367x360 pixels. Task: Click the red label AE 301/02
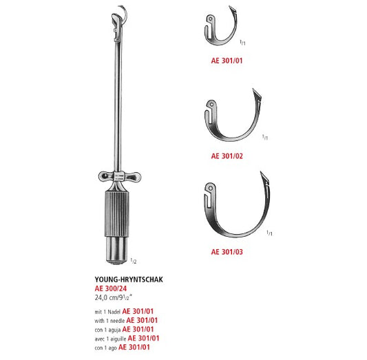[x=227, y=156]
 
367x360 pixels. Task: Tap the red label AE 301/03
[x=227, y=252]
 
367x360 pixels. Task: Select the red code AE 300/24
[x=111, y=289]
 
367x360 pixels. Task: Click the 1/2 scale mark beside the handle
[x=133, y=262]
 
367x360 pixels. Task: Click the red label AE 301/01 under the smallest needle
[x=227, y=60]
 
